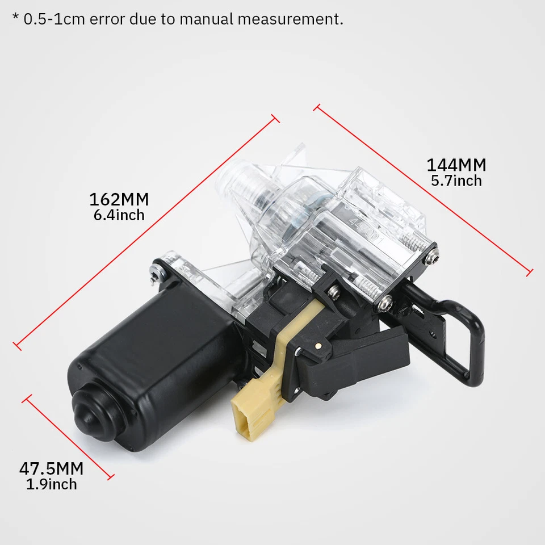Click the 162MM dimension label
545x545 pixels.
point(119,200)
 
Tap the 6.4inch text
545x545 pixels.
point(119,215)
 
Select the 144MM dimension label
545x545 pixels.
point(456,165)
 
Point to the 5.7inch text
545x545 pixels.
point(456,181)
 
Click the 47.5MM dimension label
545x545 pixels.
point(51,469)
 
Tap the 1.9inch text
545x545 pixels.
point(51,484)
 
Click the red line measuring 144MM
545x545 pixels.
point(423,189)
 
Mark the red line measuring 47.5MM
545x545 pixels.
point(68,438)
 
